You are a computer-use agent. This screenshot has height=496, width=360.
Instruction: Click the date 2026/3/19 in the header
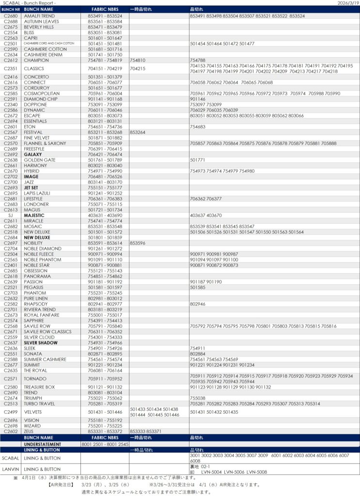point(347,3)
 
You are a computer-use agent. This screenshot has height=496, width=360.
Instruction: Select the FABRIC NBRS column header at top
point(105,9)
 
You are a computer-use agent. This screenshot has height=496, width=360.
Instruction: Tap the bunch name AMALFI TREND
point(39,16)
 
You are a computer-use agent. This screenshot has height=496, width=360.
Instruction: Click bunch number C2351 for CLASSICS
point(10,68)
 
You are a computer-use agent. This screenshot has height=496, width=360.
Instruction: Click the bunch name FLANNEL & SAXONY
point(45,143)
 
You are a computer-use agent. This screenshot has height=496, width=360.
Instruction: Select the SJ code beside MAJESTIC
point(10,216)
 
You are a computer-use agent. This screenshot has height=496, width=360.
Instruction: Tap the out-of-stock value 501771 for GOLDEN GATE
point(198,160)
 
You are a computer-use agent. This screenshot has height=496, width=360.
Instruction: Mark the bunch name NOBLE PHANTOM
point(43,260)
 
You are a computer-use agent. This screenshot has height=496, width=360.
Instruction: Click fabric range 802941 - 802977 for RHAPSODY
point(105,304)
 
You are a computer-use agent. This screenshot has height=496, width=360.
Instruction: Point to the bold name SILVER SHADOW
point(41,343)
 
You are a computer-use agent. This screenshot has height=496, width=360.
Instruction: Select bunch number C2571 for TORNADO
point(10,379)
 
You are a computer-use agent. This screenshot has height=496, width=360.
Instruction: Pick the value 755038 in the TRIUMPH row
point(198,398)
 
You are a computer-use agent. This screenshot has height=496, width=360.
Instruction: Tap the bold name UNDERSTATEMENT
point(43,444)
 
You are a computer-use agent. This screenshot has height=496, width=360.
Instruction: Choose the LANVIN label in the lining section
point(10,469)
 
